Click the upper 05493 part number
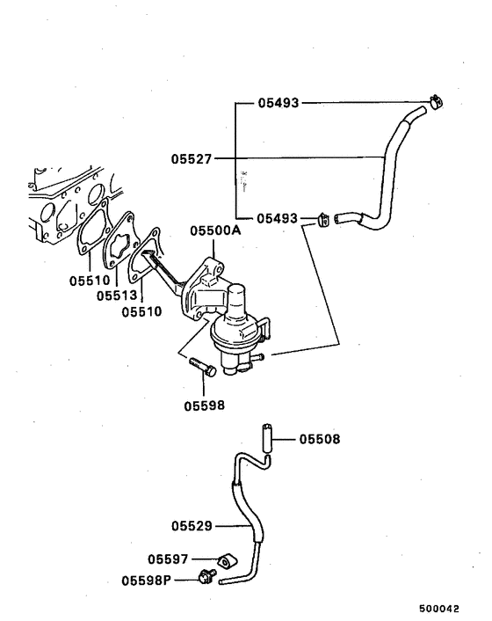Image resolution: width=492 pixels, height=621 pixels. [x=279, y=103]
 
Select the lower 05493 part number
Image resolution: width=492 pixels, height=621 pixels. [x=279, y=217]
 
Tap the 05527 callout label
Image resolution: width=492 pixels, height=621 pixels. [x=192, y=159]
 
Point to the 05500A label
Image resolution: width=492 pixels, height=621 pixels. [x=215, y=231]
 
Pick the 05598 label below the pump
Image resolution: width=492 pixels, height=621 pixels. [x=205, y=405]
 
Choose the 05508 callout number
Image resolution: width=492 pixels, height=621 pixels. [x=320, y=438]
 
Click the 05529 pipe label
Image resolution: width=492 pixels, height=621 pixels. [x=192, y=526]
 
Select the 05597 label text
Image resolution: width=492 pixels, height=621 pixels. [x=169, y=559]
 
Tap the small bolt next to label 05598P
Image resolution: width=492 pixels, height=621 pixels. [x=207, y=577]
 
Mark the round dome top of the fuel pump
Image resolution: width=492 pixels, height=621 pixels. [x=242, y=297]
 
